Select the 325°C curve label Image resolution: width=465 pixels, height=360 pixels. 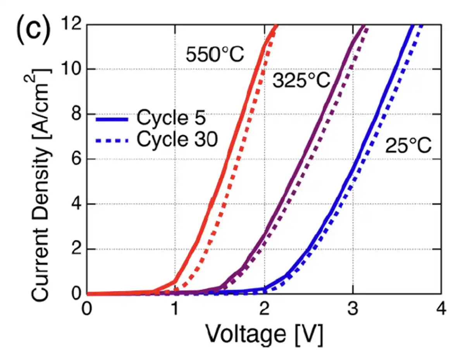click(x=301, y=80)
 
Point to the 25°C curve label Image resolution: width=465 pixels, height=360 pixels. click(x=408, y=147)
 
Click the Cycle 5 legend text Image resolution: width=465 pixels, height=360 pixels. click(x=171, y=118)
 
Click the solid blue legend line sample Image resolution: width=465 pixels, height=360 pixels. click(x=112, y=119)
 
